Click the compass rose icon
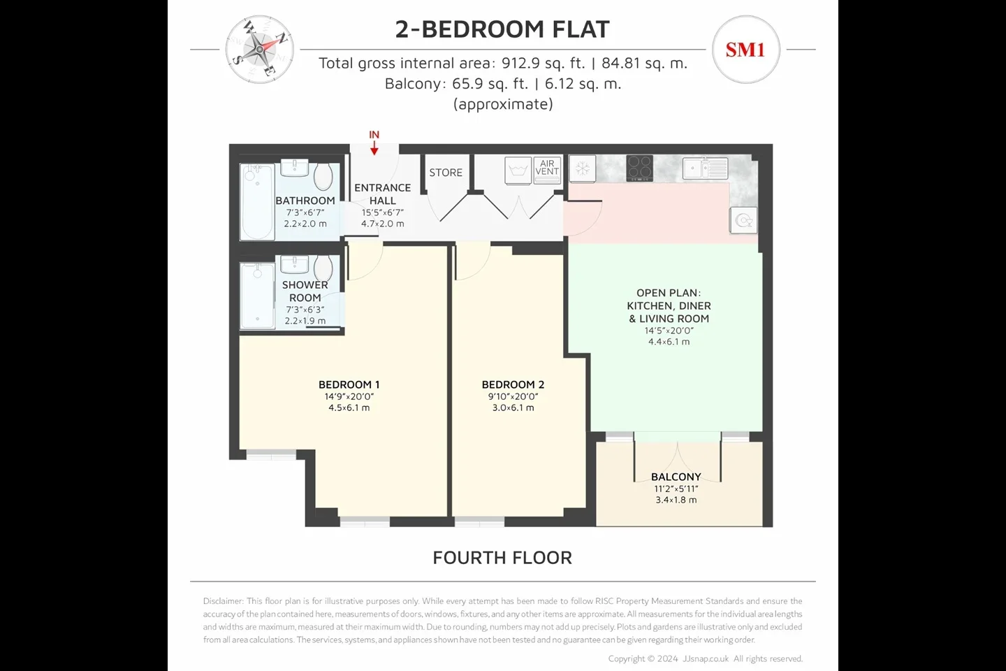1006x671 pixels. (260, 50)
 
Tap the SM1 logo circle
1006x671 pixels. (746, 50)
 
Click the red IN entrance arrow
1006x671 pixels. (374, 148)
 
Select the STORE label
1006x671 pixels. (446, 173)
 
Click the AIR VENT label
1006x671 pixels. (547, 168)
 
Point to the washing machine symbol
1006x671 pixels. (518, 171)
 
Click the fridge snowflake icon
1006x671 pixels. (583, 169)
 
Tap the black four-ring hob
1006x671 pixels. (639, 168)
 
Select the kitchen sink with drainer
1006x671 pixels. (705, 168)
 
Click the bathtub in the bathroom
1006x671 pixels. (257, 202)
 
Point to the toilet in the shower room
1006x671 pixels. (323, 268)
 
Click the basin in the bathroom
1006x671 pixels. (295, 168)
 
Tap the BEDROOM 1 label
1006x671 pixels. (349, 384)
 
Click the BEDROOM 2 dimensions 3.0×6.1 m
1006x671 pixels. (513, 408)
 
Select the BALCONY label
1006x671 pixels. (676, 477)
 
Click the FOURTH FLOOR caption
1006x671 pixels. (502, 558)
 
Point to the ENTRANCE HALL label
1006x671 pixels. (383, 194)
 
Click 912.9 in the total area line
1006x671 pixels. (520, 64)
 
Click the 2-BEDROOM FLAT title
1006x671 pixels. (502, 29)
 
